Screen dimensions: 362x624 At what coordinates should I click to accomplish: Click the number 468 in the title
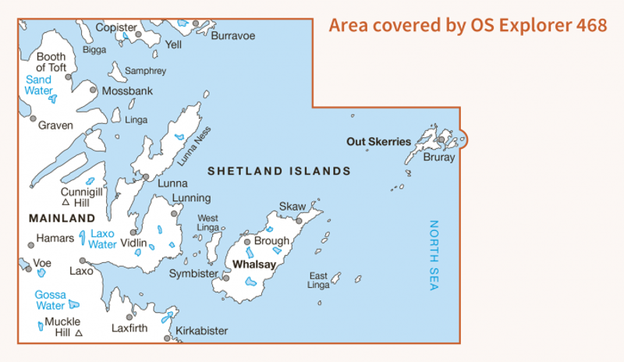[591, 25]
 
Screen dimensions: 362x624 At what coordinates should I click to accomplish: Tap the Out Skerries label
[378, 142]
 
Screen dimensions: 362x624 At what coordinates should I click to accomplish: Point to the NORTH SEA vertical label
[434, 256]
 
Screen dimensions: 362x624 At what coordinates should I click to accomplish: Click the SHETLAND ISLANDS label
[278, 171]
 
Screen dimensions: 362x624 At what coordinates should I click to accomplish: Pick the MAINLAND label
[62, 218]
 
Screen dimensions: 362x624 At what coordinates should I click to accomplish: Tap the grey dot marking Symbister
[226, 277]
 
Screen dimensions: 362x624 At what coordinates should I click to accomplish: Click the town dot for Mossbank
[93, 90]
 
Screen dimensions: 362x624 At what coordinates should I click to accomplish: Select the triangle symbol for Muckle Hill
[79, 333]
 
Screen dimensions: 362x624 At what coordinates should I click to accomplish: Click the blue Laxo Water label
[103, 238]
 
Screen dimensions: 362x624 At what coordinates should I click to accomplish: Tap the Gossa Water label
[50, 300]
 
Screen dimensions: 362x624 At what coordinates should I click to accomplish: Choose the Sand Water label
[38, 85]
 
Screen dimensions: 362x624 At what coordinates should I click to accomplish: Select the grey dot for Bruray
[441, 140]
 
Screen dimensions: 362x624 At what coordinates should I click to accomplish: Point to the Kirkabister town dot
[168, 338]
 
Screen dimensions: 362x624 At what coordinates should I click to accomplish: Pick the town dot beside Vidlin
[133, 232]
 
